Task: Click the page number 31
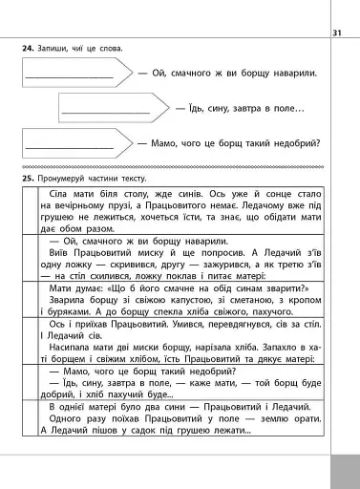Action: [336, 34]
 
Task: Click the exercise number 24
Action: [28, 48]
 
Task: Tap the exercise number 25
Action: [28, 179]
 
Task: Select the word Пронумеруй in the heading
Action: [66, 179]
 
